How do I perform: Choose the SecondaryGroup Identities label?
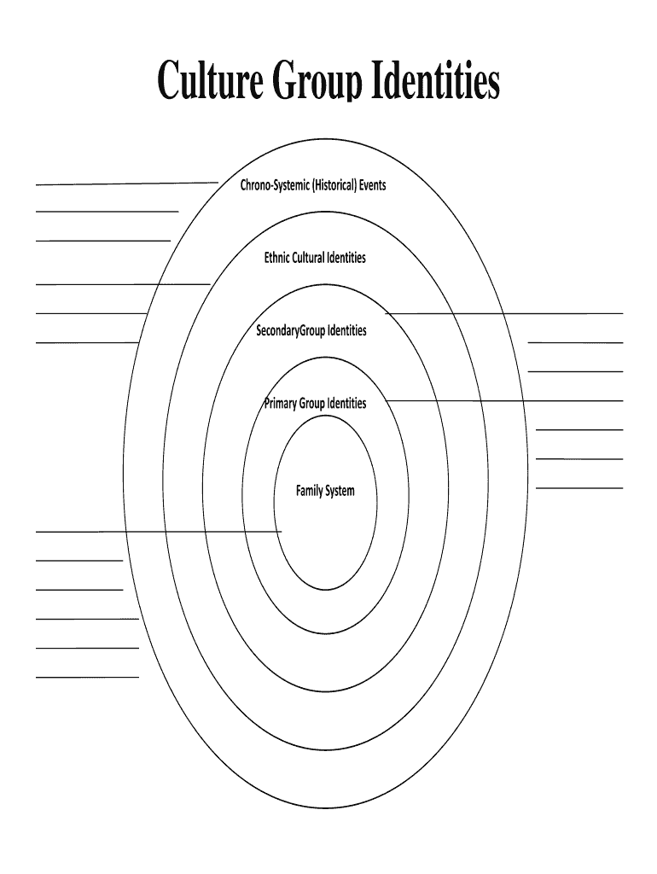click(x=311, y=329)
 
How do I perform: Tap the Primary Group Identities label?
click(x=315, y=403)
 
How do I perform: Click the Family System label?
click(x=325, y=491)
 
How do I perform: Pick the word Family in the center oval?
click(x=309, y=491)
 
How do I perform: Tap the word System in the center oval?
click(x=340, y=491)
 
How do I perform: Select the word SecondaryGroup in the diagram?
click(x=291, y=329)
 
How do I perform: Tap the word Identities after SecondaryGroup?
click(x=347, y=329)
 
